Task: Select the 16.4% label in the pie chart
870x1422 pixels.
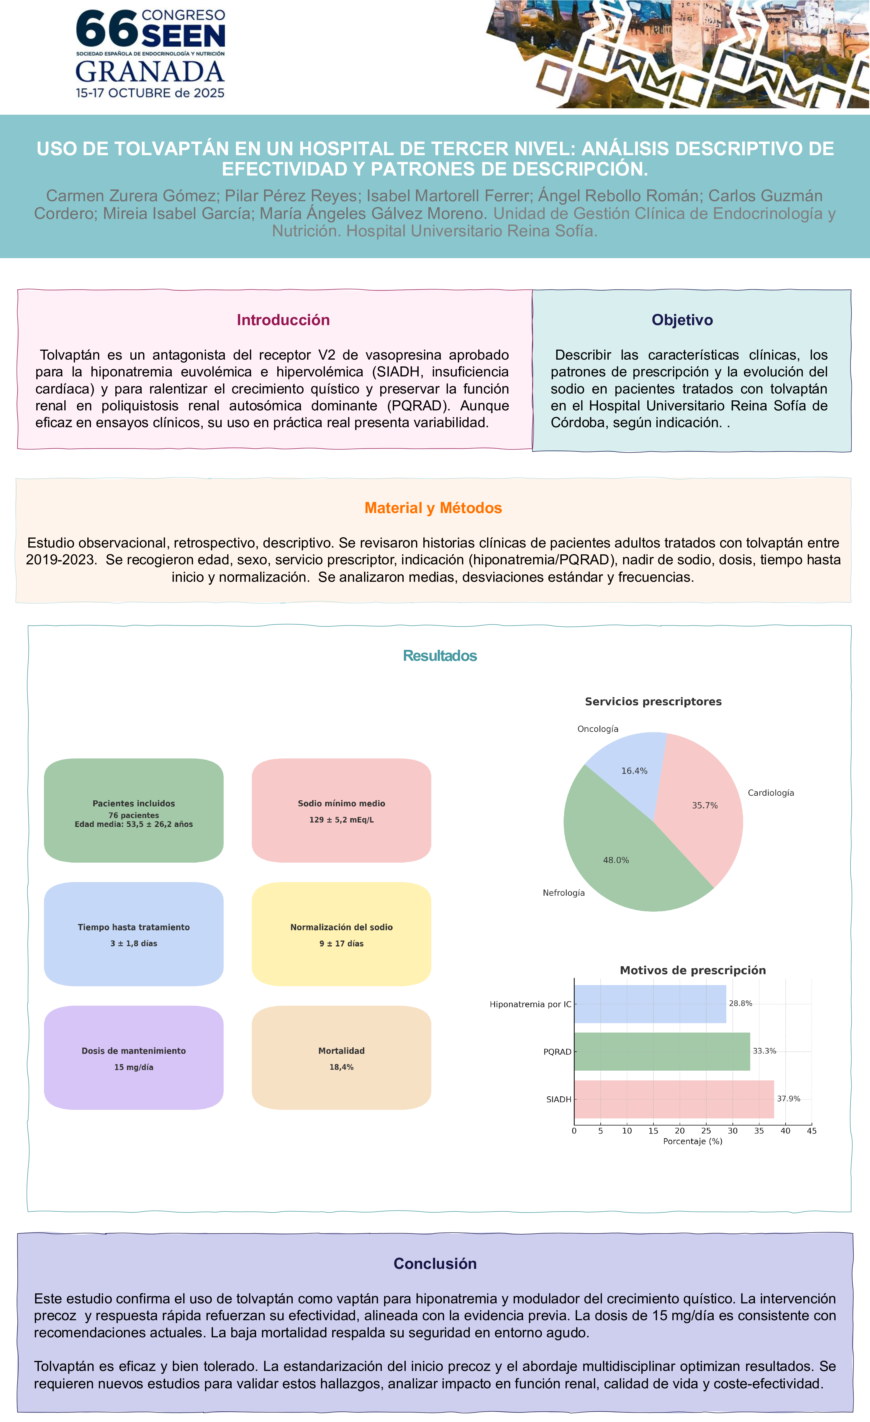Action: point(634,771)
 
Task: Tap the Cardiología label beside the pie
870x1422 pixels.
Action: point(771,793)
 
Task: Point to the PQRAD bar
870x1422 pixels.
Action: point(662,1051)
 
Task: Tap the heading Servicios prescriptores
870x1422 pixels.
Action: point(653,702)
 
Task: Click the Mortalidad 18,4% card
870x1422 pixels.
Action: point(342,1058)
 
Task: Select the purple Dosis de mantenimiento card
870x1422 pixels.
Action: point(134,1058)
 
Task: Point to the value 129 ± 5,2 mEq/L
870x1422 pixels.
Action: point(342,820)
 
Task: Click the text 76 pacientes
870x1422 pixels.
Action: point(134,815)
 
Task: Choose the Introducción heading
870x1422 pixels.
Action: point(283,320)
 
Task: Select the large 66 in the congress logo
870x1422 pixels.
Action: point(107,30)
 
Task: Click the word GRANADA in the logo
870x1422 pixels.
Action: point(150,72)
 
